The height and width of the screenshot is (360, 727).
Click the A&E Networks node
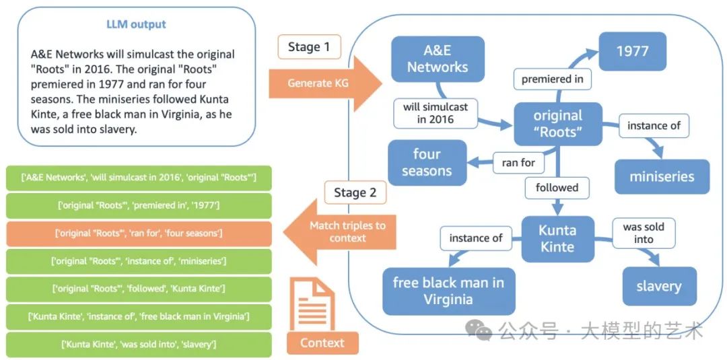click(x=438, y=59)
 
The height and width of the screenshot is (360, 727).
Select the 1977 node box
click(x=632, y=51)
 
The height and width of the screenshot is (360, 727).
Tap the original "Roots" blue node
click(x=558, y=123)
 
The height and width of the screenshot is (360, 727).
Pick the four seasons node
click(x=427, y=162)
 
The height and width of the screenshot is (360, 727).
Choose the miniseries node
click(x=662, y=177)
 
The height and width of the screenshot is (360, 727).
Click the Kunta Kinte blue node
click(x=558, y=239)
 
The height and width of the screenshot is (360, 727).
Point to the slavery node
click(x=659, y=286)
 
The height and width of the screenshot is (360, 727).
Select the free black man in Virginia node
click(x=448, y=291)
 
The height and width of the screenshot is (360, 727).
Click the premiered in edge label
click(x=553, y=79)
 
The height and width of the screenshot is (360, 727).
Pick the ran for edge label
click(x=518, y=162)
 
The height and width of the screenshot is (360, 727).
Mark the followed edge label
click(x=557, y=188)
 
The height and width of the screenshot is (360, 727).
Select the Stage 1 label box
click(x=309, y=47)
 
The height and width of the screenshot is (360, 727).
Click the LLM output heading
click(x=137, y=24)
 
